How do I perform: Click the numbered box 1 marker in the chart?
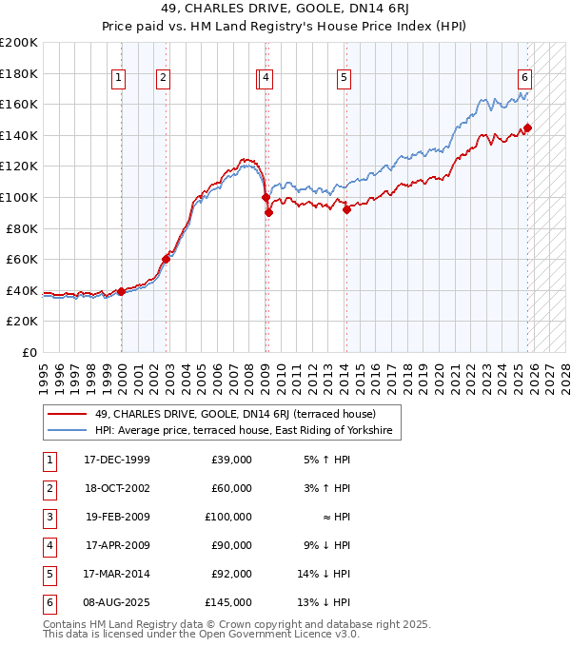[119, 78]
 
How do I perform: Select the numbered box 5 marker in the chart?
[344, 78]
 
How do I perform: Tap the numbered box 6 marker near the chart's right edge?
[524, 78]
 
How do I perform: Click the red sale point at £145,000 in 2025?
[527, 127]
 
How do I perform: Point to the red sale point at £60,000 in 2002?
[166, 258]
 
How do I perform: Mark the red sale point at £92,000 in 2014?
[346, 209]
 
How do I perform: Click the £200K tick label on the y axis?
[19, 43]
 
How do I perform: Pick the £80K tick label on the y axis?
[22, 228]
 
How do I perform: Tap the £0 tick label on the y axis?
[29, 352]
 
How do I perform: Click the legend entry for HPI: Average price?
[243, 431]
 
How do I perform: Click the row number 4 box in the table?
[47, 545]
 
